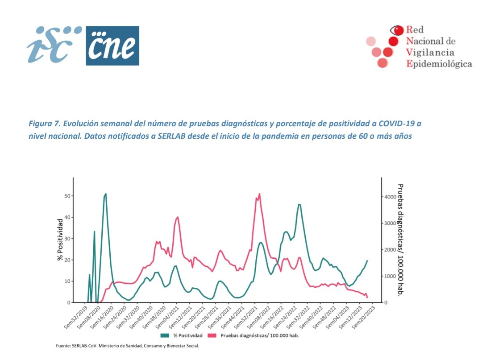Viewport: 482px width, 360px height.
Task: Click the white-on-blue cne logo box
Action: (x=112, y=46)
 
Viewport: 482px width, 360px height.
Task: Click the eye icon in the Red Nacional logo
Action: (x=396, y=30)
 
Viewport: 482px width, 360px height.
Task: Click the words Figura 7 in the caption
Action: (x=44, y=123)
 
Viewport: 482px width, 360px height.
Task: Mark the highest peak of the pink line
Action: (x=259, y=194)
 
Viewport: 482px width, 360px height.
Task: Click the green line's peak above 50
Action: (x=106, y=194)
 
